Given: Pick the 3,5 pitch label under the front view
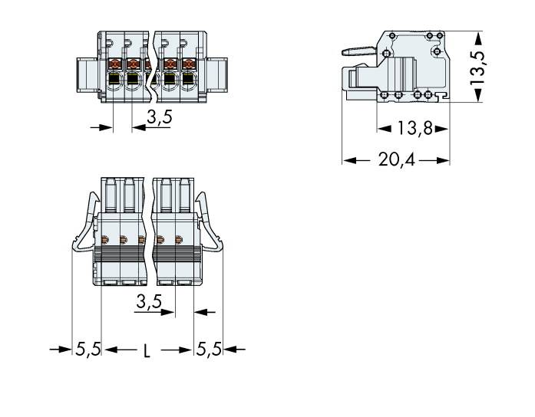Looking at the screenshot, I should click(159, 117).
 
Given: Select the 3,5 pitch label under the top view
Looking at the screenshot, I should click(148, 302).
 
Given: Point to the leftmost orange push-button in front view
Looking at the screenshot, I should click(114, 64).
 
